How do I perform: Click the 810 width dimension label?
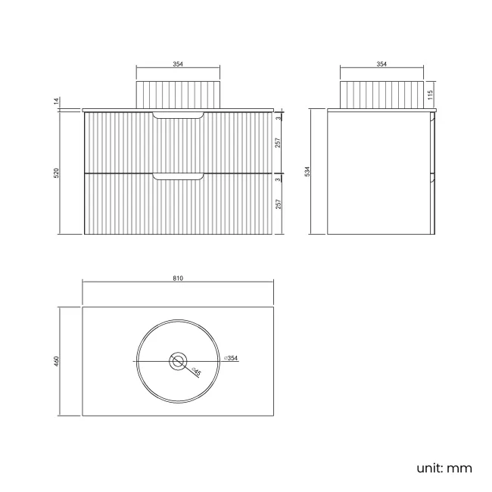178,279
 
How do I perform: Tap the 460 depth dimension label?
57,361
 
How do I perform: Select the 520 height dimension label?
57,173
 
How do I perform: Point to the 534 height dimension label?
307,172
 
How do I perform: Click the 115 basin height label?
430,95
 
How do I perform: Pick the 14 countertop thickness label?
57,101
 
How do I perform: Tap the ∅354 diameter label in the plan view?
231,358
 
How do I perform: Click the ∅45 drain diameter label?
196,372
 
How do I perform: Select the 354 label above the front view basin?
178,64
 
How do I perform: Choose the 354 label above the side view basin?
381,64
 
